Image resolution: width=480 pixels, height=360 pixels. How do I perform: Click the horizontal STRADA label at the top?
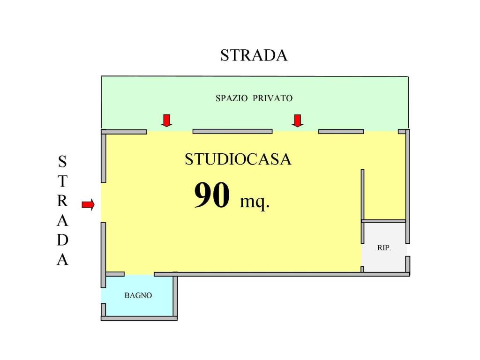pyautogui.click(x=254, y=55)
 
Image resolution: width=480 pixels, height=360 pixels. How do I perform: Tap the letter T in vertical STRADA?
pyautogui.click(x=62, y=181)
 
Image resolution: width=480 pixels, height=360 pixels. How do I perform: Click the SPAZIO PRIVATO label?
pyautogui.click(x=254, y=98)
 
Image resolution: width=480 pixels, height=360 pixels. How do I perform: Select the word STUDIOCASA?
pyautogui.click(x=238, y=159)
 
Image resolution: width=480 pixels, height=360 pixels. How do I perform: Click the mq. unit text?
pyautogui.click(x=255, y=202)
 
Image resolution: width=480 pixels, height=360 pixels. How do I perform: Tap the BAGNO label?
pyautogui.click(x=138, y=295)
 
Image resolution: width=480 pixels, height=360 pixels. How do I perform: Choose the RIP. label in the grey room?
pyautogui.click(x=384, y=247)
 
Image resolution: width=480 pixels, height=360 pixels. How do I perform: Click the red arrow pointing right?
pyautogui.click(x=88, y=204)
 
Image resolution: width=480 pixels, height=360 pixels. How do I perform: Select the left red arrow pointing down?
pyautogui.click(x=166, y=120)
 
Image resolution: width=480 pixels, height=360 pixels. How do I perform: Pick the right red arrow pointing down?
pyautogui.click(x=298, y=120)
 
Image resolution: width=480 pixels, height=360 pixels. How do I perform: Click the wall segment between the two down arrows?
pyautogui.click(x=232, y=132)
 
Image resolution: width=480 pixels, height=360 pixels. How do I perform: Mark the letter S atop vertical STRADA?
pyautogui.click(x=62, y=162)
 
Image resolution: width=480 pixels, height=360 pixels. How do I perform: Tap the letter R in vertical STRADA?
pyautogui.click(x=62, y=201)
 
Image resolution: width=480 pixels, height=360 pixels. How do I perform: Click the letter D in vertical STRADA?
pyautogui.click(x=62, y=240)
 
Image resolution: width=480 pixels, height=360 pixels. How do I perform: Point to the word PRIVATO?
pyautogui.click(x=273, y=98)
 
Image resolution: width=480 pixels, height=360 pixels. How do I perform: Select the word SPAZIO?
pyautogui.click(x=232, y=98)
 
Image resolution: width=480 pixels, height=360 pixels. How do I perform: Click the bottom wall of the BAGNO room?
pyautogui.click(x=139, y=318)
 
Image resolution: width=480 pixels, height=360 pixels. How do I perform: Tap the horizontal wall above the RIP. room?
pyautogui.click(x=383, y=221)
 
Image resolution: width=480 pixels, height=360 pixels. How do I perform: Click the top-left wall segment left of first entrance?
pyautogui.click(x=124, y=132)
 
